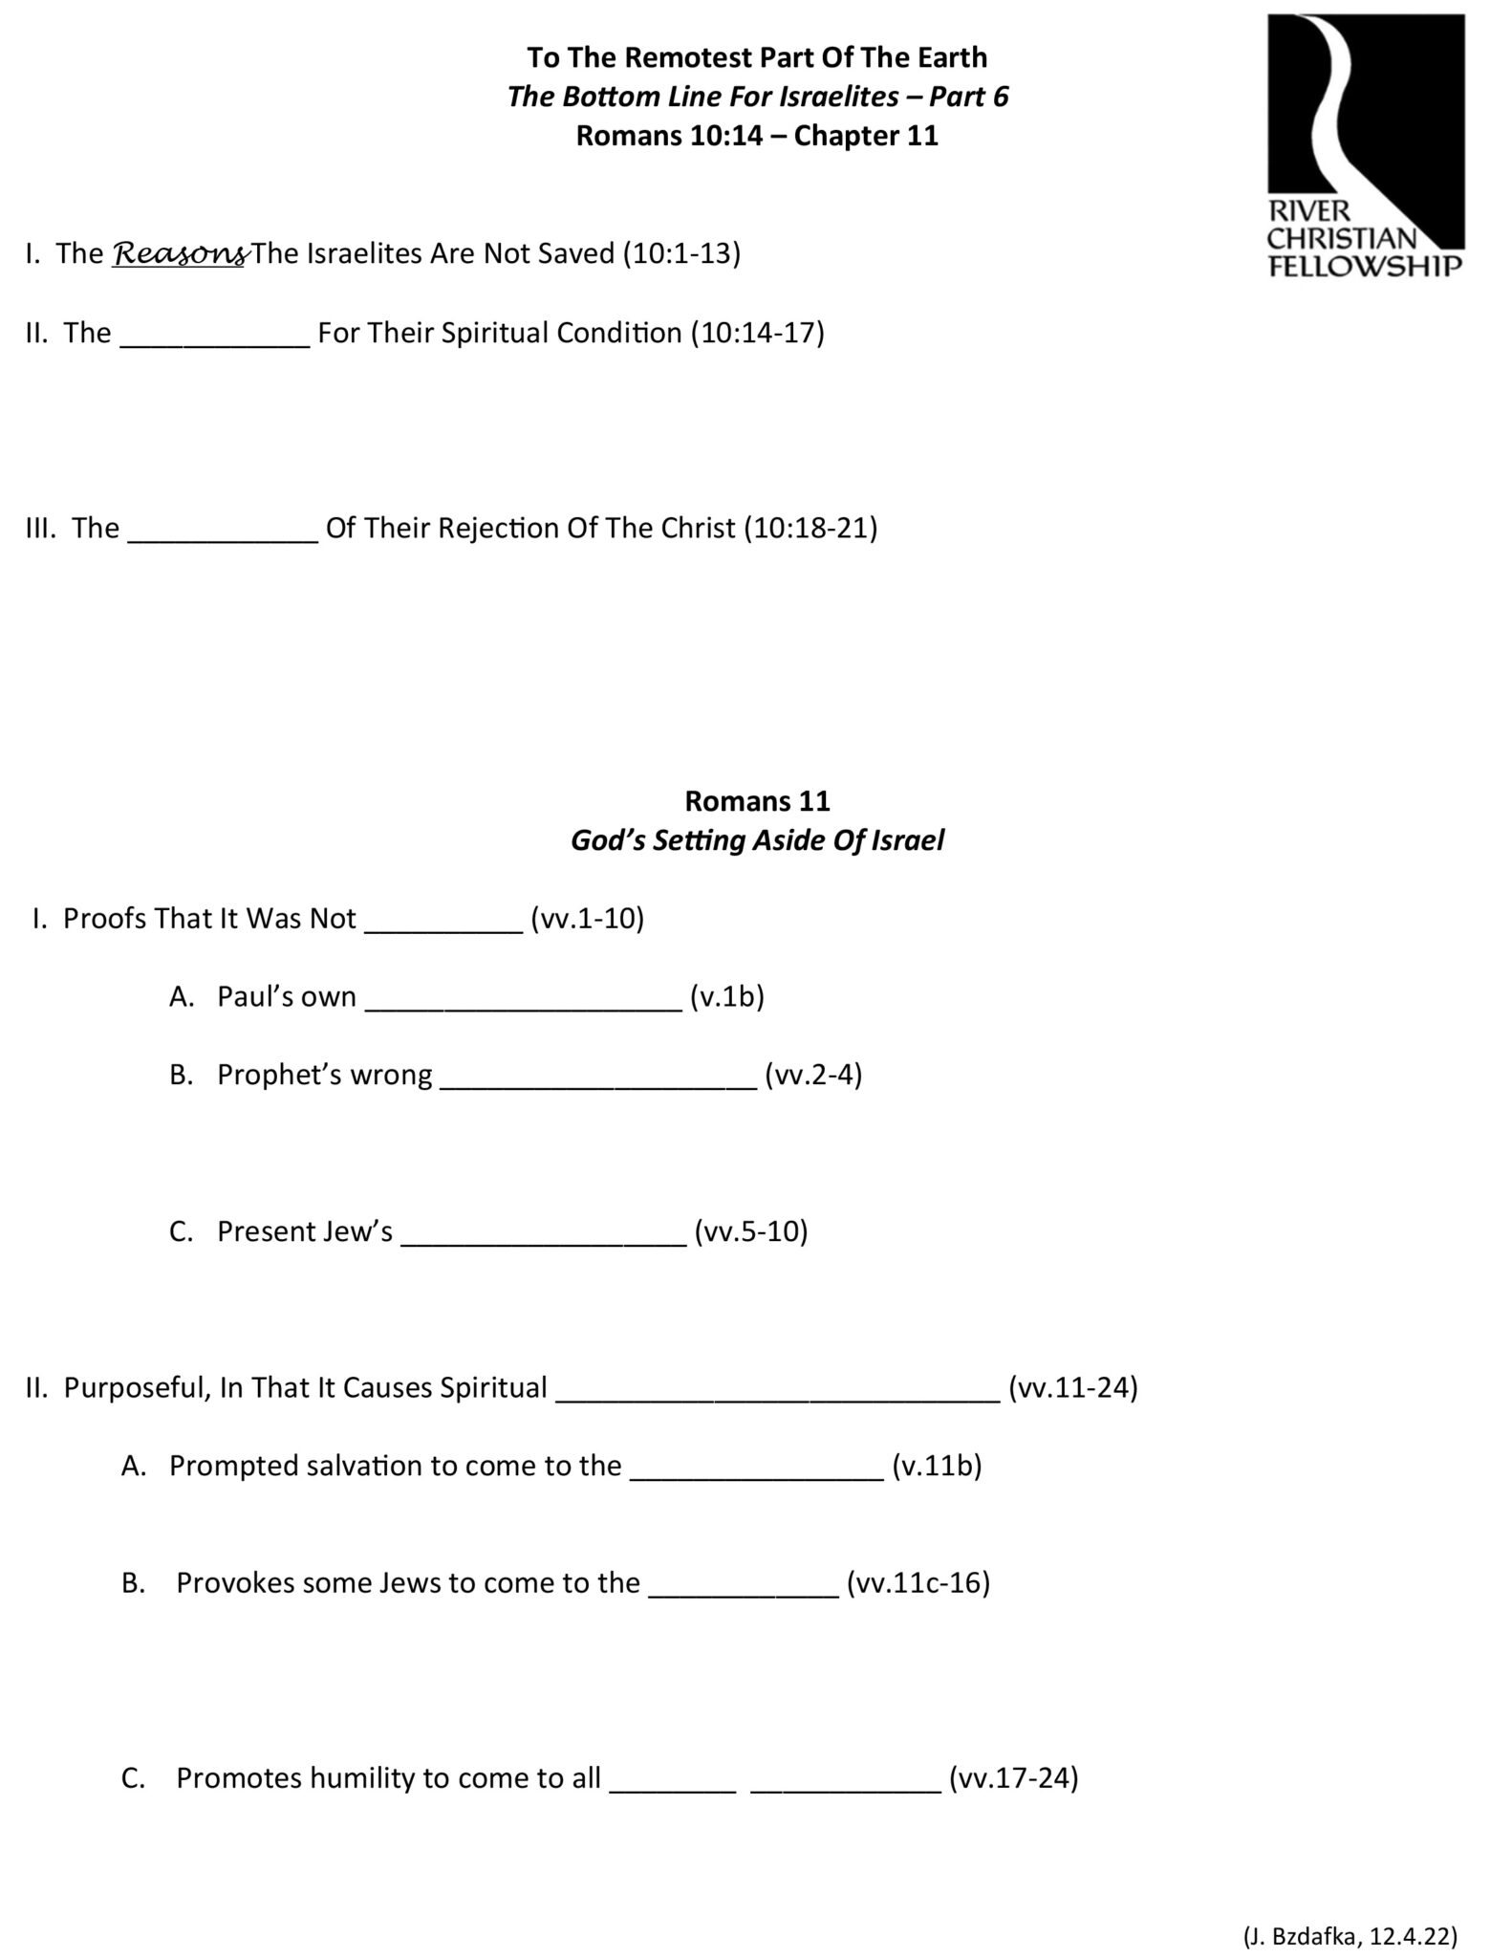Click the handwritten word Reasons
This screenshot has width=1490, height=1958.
point(179,254)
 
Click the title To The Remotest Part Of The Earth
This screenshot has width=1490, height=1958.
point(757,57)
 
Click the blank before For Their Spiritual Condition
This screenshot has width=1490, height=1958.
point(215,337)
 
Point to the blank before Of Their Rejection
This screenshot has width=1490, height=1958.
point(223,532)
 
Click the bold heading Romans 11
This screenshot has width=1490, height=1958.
point(757,800)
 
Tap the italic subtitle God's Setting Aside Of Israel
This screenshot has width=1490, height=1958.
point(757,840)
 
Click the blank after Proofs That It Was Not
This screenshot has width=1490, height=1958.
point(444,923)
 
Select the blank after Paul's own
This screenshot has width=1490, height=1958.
point(523,1001)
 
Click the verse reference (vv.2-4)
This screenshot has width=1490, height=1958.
point(813,1075)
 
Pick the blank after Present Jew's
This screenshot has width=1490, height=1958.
point(543,1235)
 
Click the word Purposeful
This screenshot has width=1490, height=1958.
point(135,1387)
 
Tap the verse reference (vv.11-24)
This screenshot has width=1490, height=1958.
point(1072,1387)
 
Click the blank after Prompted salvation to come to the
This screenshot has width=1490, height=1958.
point(757,1470)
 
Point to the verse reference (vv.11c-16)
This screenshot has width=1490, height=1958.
point(918,1583)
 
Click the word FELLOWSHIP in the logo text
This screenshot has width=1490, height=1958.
point(1364,265)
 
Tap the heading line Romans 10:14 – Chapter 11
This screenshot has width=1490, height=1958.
point(757,136)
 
